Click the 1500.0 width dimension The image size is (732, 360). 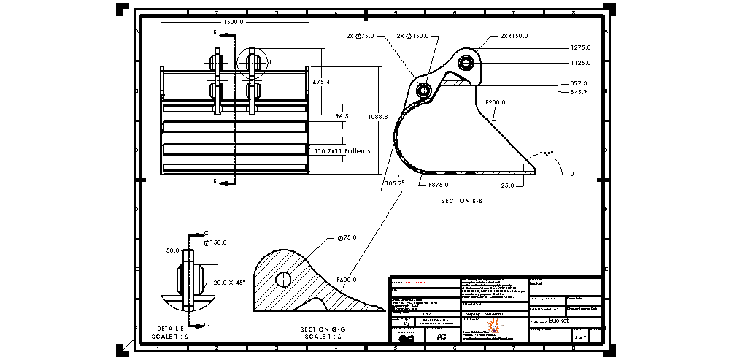(233, 22)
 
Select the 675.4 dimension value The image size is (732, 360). (321, 83)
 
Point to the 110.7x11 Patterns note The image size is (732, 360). (342, 151)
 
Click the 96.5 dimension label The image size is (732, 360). (342, 116)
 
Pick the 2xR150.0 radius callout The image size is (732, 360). (514, 35)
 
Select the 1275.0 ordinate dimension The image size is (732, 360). (580, 47)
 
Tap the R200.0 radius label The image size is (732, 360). (496, 103)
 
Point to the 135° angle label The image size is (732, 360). (547, 155)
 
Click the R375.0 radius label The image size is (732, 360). (439, 185)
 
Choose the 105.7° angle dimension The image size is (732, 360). (394, 183)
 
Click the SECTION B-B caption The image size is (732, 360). (462, 199)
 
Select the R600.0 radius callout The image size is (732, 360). (347, 279)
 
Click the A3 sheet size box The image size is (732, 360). (441, 337)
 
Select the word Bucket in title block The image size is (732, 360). (558, 320)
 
